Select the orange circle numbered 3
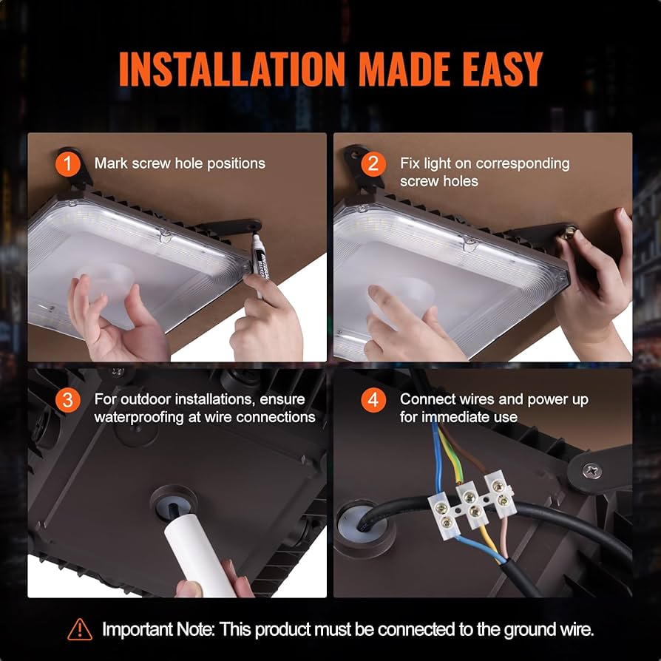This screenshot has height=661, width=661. point(68,401)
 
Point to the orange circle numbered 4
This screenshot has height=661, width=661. point(373,401)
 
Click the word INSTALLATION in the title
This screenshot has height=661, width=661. point(231,70)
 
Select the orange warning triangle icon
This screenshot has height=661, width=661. point(80,630)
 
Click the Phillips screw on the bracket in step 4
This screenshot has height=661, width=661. point(591,470)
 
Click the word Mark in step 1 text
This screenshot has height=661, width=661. point(110,163)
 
